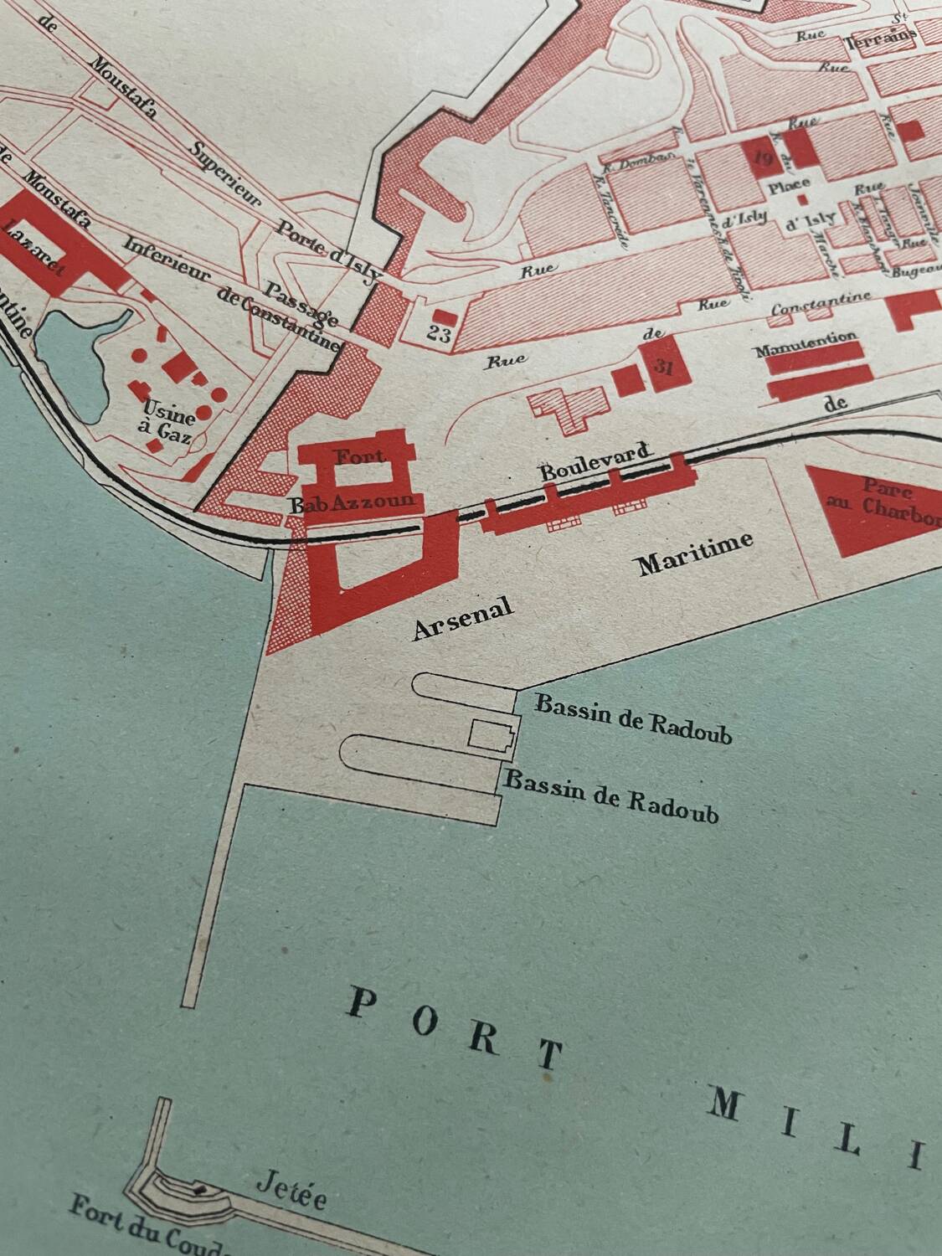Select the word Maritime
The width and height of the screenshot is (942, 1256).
click(x=695, y=553)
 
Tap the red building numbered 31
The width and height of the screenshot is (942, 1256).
click(x=667, y=363)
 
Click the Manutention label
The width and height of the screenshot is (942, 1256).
click(x=806, y=347)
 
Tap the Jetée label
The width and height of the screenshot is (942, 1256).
click(x=291, y=1192)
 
